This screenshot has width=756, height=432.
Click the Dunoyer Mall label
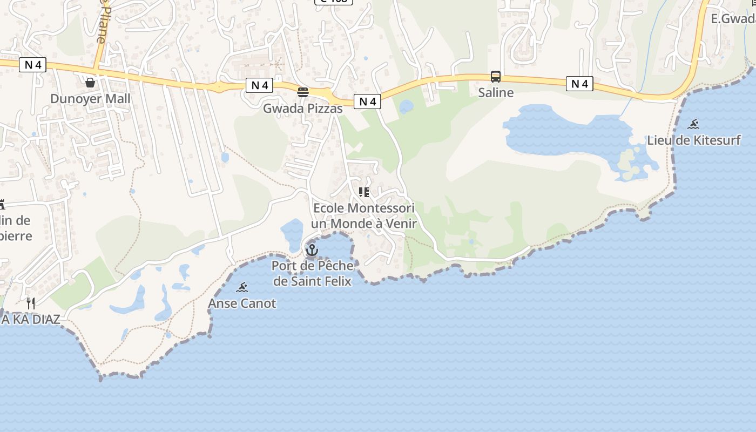[x=90, y=99]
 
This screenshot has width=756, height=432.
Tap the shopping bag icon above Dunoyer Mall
[x=90, y=83]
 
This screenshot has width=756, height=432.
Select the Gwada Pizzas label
[x=302, y=109]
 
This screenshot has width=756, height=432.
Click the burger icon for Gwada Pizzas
[x=303, y=92]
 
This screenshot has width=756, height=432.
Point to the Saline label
[x=496, y=92]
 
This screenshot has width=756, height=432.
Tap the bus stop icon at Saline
[x=496, y=77]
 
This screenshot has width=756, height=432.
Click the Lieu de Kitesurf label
[x=694, y=140]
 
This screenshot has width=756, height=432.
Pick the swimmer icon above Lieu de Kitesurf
[x=694, y=124]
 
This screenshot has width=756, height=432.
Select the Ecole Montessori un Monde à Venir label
[x=364, y=215]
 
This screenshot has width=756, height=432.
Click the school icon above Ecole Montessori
[x=364, y=192]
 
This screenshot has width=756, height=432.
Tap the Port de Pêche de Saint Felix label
[x=312, y=273]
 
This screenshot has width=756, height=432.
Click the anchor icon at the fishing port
[x=312, y=250]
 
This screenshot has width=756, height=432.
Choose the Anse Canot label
[x=242, y=303]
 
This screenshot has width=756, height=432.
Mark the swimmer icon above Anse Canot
[x=242, y=287]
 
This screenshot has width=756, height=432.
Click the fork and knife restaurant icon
[x=31, y=303]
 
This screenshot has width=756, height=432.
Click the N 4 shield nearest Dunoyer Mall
[x=33, y=65]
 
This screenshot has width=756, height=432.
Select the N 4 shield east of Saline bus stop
[x=579, y=84]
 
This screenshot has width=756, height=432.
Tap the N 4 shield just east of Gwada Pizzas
[x=367, y=102]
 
